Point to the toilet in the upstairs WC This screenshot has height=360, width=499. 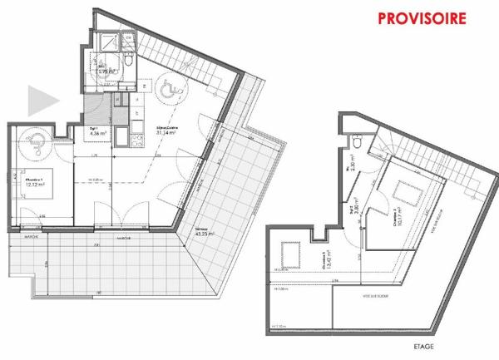click(x=356, y=142)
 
